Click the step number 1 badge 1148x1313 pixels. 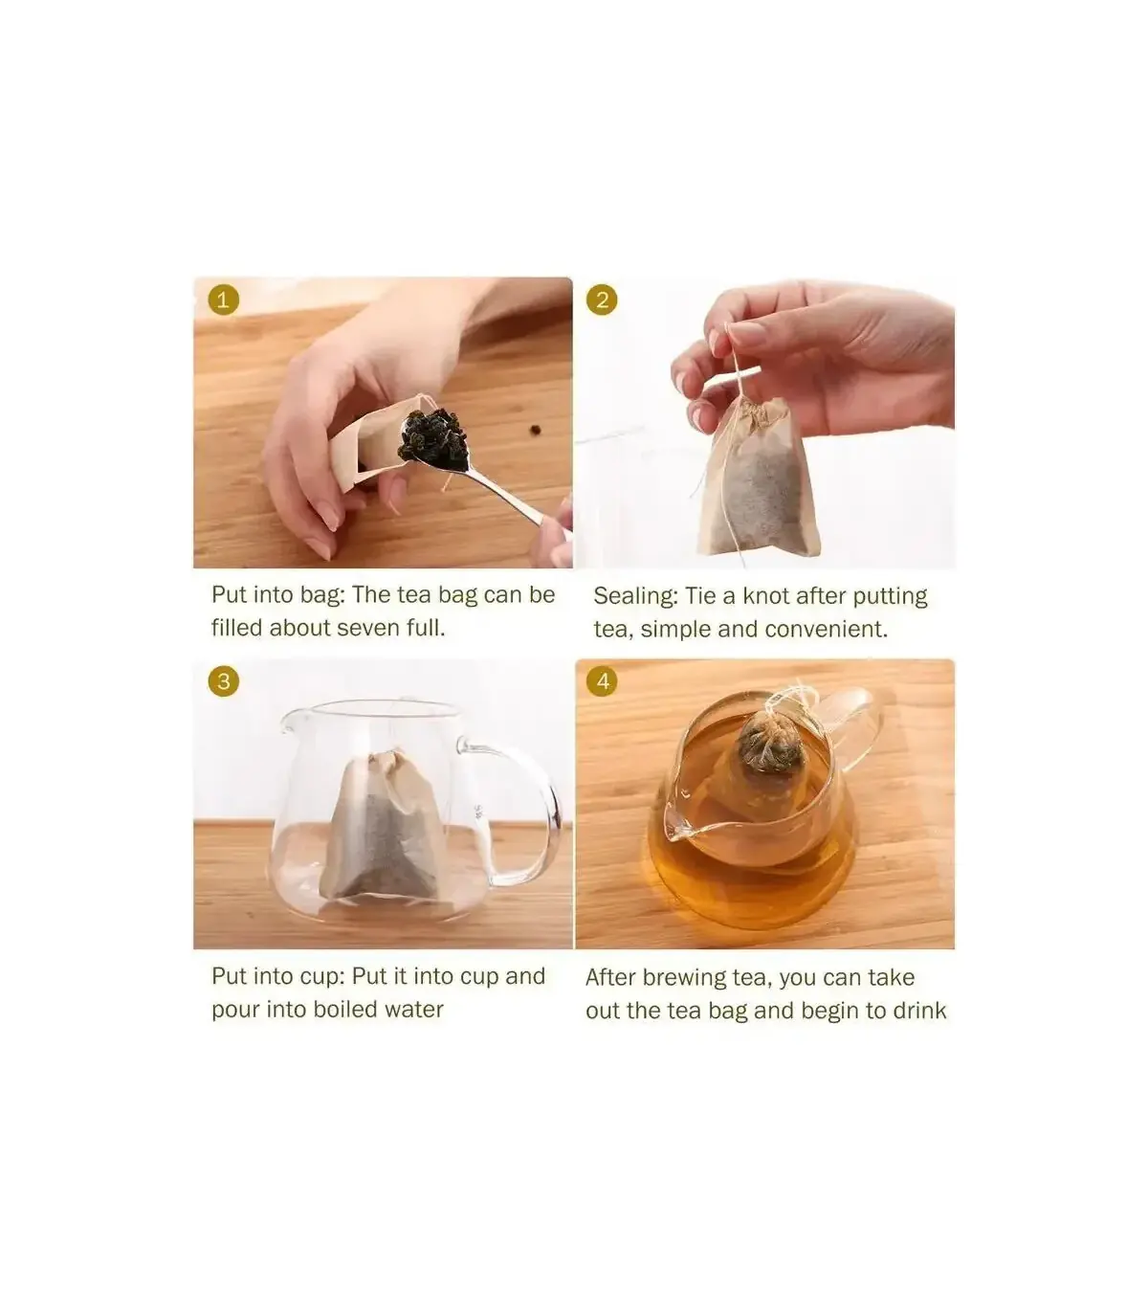pos(223,300)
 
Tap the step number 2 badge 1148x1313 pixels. pos(602,300)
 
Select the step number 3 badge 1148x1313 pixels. pos(223,681)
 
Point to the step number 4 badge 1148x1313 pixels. pos(602,681)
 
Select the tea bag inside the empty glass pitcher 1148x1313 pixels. pos(383,828)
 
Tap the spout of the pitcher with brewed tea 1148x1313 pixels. pos(674,825)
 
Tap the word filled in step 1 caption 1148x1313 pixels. pos(237,628)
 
